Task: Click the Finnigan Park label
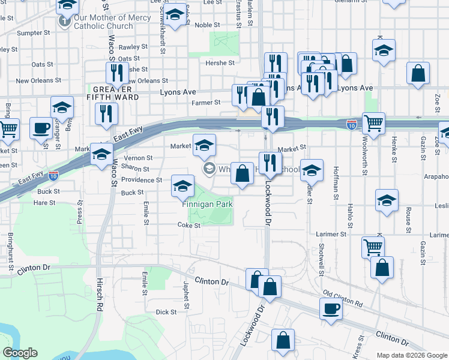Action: [x=208, y=205]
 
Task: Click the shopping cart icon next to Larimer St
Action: [x=373, y=246]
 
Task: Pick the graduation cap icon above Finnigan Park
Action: [x=183, y=187]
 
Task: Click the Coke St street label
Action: [x=188, y=225]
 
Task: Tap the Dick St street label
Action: [x=166, y=312]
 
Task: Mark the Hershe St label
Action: [x=220, y=63]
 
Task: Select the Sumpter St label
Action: [x=33, y=33]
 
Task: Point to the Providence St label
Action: [x=142, y=180]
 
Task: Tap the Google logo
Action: [x=20, y=353]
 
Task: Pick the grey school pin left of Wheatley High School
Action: [x=209, y=169]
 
